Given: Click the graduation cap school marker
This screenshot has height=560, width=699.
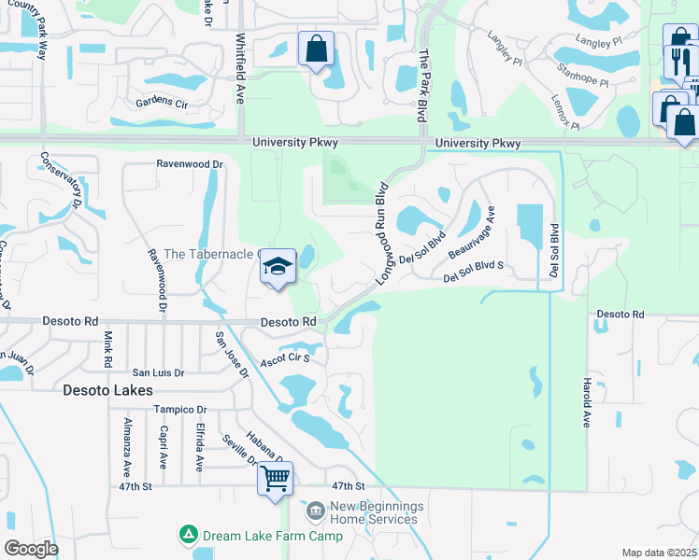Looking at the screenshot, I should (x=278, y=267).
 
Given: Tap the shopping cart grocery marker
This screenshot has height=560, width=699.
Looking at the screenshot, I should (x=275, y=480).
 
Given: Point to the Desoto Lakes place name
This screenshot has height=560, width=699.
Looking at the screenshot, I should (x=108, y=390).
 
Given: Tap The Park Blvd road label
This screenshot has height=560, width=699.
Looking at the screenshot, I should (x=422, y=81).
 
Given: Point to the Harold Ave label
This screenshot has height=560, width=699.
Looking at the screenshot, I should (x=586, y=402).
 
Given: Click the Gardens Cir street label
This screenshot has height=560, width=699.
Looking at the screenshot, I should (x=162, y=102).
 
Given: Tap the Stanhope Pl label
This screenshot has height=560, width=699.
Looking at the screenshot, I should (x=582, y=75).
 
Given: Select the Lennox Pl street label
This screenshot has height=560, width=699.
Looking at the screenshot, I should (x=565, y=111).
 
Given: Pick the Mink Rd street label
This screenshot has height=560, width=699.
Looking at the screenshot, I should (x=108, y=348).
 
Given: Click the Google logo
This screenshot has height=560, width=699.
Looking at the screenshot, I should (x=31, y=549).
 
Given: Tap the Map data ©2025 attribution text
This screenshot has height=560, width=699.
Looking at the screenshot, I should (x=659, y=553).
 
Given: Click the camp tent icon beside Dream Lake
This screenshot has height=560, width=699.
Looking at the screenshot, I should (x=189, y=535).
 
